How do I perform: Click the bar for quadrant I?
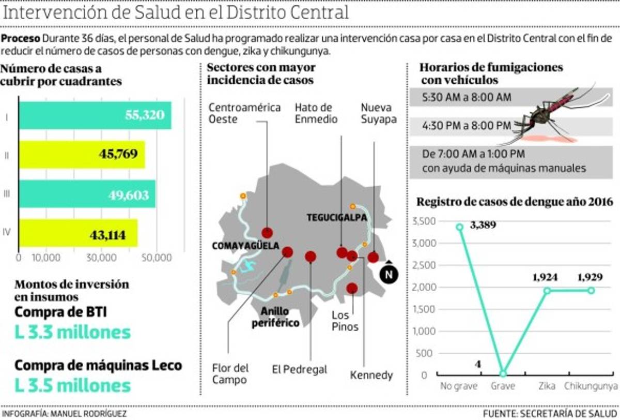tap(95, 115)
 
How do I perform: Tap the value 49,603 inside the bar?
tap(129, 194)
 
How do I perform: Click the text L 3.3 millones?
tap(72, 332)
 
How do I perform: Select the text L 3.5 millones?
tap(72, 385)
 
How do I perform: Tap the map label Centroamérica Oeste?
tap(244, 113)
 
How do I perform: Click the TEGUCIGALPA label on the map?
tap(336, 218)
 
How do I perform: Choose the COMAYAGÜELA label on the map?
tap(245, 246)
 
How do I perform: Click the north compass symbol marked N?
tap(389, 274)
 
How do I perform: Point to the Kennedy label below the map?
tap(371, 375)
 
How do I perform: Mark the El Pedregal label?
tap(300, 369)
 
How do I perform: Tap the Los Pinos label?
tap(345, 321)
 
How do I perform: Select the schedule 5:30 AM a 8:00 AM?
tap(466, 97)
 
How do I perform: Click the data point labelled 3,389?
tap(459, 227)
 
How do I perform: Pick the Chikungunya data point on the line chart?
tap(591, 290)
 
